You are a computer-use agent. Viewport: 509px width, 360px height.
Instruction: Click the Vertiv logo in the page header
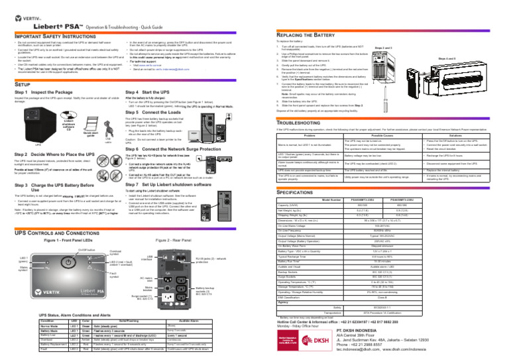pos(26,9)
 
